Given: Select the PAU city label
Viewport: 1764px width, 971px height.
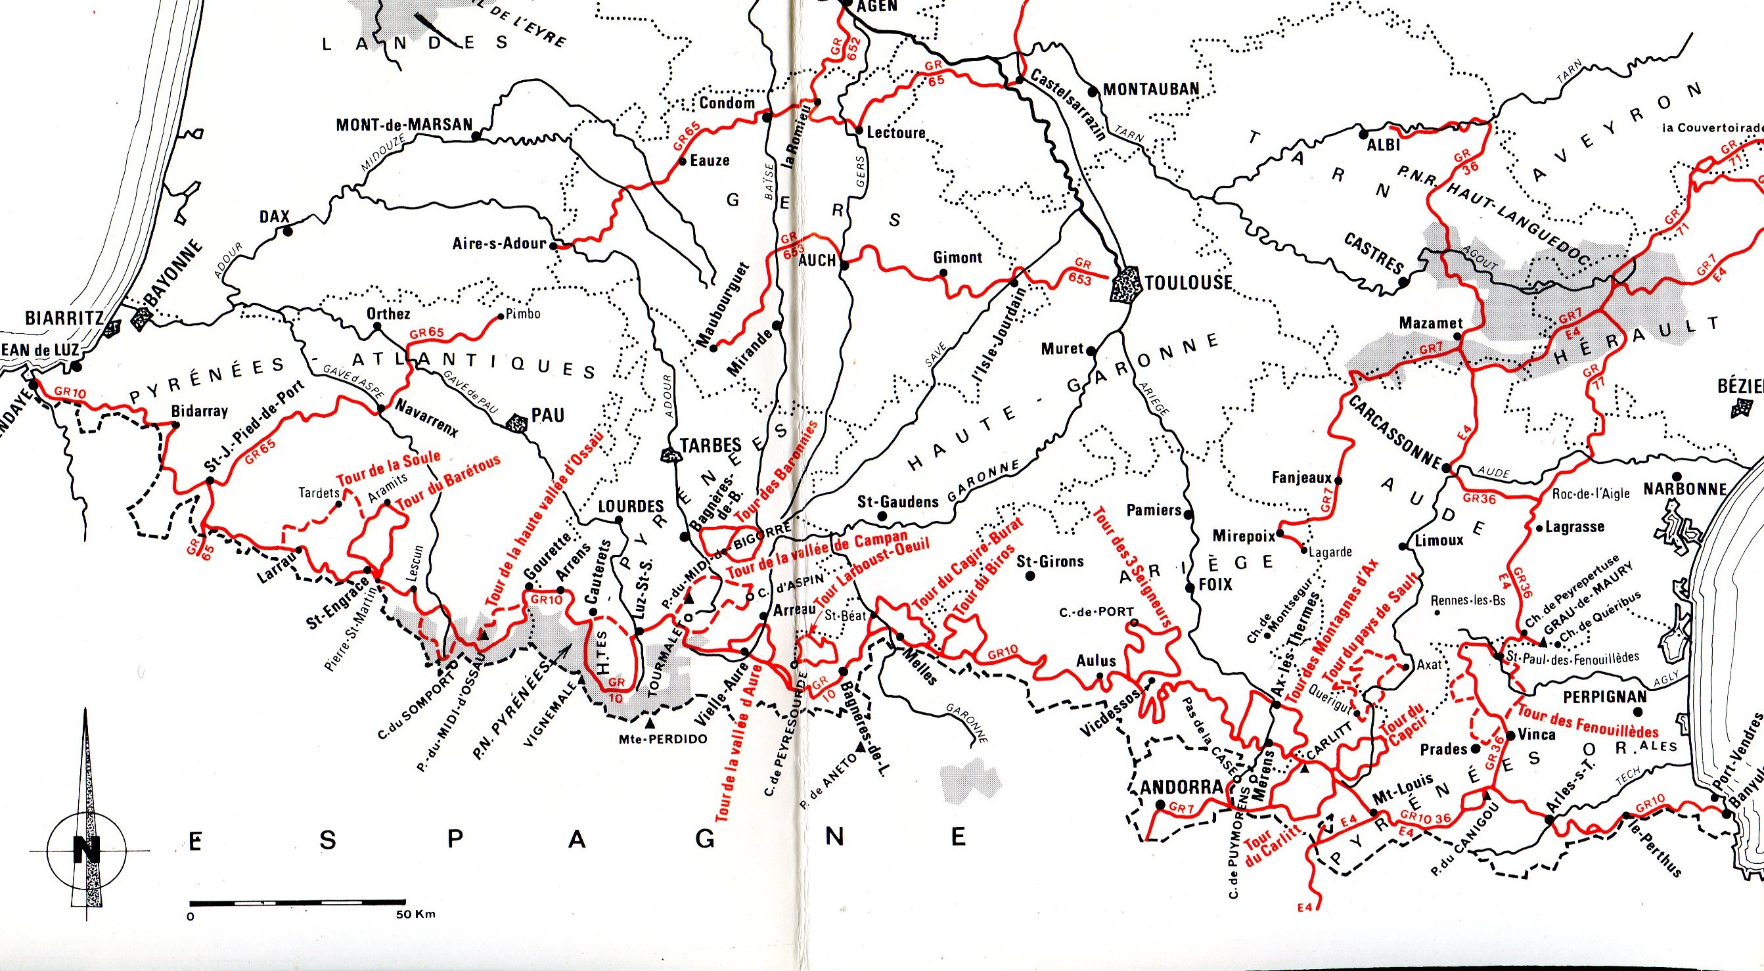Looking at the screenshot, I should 548,415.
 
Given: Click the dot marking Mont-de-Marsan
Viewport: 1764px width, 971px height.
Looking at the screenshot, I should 477,135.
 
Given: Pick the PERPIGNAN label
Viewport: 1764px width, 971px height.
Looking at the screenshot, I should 1604,696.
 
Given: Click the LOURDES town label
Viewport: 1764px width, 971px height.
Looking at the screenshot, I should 631,506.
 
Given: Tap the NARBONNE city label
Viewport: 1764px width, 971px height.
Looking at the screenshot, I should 1685,489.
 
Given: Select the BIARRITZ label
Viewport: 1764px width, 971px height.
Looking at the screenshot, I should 64,319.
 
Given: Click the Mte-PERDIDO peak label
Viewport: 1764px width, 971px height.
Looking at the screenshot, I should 662,739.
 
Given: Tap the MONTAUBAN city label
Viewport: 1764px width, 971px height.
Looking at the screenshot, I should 1151,89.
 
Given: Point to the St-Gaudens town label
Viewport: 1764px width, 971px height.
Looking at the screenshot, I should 897,502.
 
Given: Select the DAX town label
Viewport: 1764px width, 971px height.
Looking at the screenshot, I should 275,216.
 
